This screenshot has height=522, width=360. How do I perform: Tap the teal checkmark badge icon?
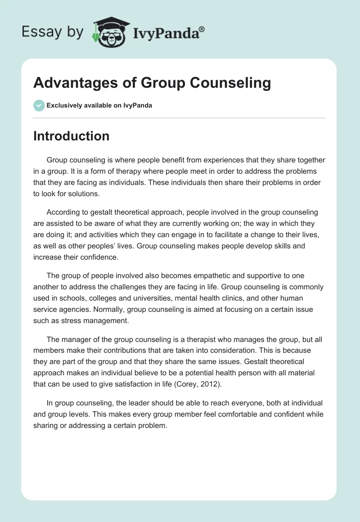tap(39, 105)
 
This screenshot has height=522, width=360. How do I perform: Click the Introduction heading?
tap(71, 136)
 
